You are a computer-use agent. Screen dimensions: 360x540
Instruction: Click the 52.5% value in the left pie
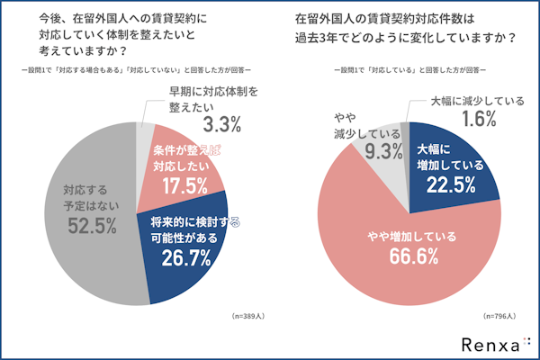pyautogui.click(x=90, y=225)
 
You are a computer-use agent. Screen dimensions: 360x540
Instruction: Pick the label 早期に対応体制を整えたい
pyautogui.click(x=216, y=99)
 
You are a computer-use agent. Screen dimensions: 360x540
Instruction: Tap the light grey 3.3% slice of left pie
pyautogui.click(x=144, y=144)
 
